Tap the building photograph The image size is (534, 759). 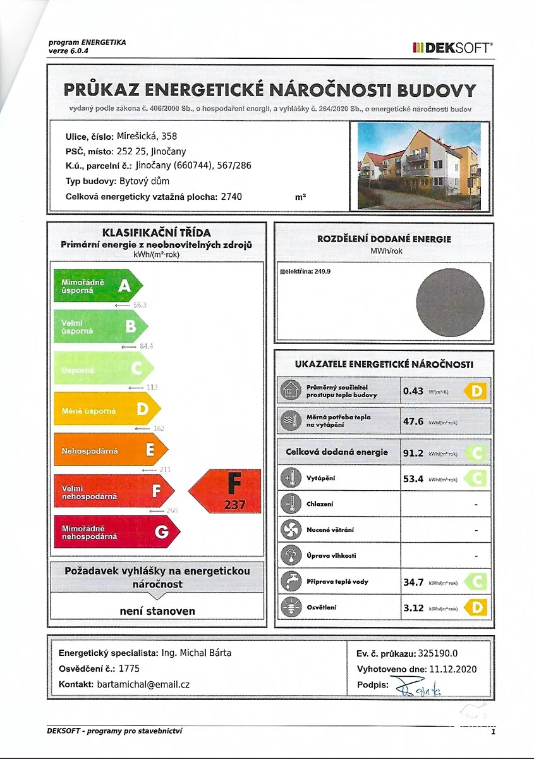click(x=419, y=166)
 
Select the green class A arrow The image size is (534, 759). click(x=98, y=286)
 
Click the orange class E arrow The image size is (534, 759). click(x=111, y=450)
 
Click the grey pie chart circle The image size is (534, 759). click(x=450, y=302)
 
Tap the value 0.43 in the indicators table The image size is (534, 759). click(x=413, y=391)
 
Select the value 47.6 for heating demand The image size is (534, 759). click(x=413, y=421)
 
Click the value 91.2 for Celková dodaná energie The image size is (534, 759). click(x=413, y=452)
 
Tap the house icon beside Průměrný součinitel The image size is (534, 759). click(x=291, y=391)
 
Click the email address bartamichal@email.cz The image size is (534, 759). click(x=143, y=684)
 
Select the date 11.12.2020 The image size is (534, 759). click(x=451, y=669)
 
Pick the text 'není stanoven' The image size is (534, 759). click(x=157, y=611)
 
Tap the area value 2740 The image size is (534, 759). click(x=231, y=197)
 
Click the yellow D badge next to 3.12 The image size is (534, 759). click(x=476, y=608)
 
